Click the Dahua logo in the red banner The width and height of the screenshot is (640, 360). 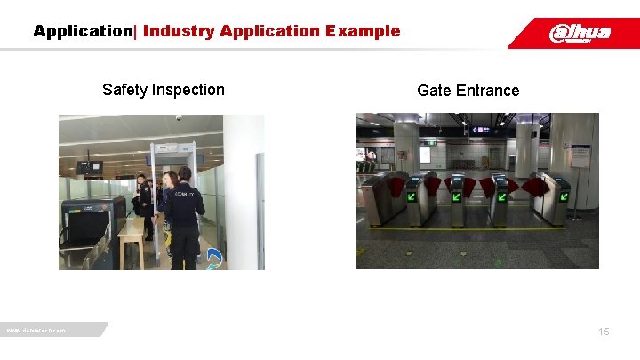580,33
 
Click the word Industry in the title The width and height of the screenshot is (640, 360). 179,31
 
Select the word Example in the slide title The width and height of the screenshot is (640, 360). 363,31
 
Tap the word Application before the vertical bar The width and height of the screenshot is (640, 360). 82,31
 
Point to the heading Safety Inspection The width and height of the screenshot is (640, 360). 164,90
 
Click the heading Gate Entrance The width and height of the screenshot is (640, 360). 468,91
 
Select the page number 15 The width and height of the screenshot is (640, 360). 604,332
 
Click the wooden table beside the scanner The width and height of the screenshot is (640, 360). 132,236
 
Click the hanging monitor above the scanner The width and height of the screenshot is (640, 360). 89,166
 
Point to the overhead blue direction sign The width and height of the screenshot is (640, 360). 480,130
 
